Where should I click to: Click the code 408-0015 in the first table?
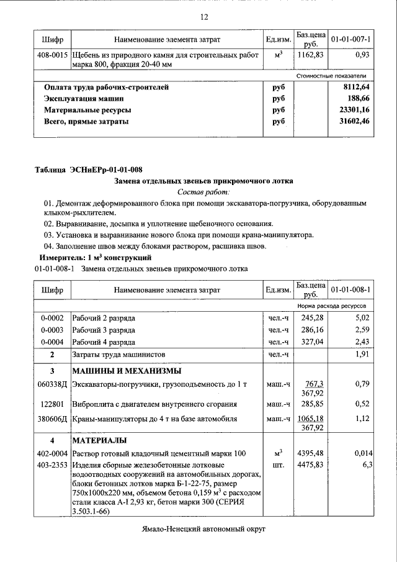52,55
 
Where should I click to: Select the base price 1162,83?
310,55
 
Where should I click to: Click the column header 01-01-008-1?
350,290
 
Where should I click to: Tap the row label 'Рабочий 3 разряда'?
104,330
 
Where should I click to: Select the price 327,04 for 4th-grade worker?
312,342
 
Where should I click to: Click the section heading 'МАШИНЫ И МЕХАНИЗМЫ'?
127,371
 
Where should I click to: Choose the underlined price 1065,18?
312,419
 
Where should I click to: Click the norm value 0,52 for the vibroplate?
362,404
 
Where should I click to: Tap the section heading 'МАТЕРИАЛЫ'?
99,440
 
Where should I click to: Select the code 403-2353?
52,464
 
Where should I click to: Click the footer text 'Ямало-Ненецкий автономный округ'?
203,529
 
